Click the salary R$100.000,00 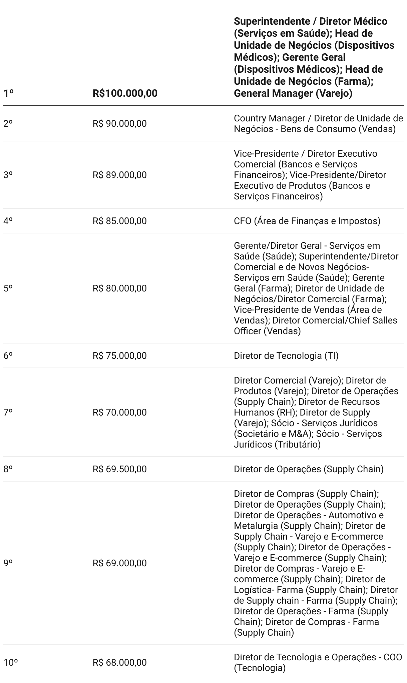(125, 93)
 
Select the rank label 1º (8, 93)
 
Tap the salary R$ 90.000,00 (119, 124)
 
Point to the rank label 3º (8, 175)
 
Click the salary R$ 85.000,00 (119, 221)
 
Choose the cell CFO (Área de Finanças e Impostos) (307, 221)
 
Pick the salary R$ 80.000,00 (119, 288)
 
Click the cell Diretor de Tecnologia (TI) (286, 356)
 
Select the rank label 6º (8, 356)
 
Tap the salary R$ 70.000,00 (119, 413)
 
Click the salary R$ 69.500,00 (119, 469)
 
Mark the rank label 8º (8, 469)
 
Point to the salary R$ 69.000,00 (119, 563)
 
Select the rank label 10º (10, 663)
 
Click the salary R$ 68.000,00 (119, 663)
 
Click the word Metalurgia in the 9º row (256, 526)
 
